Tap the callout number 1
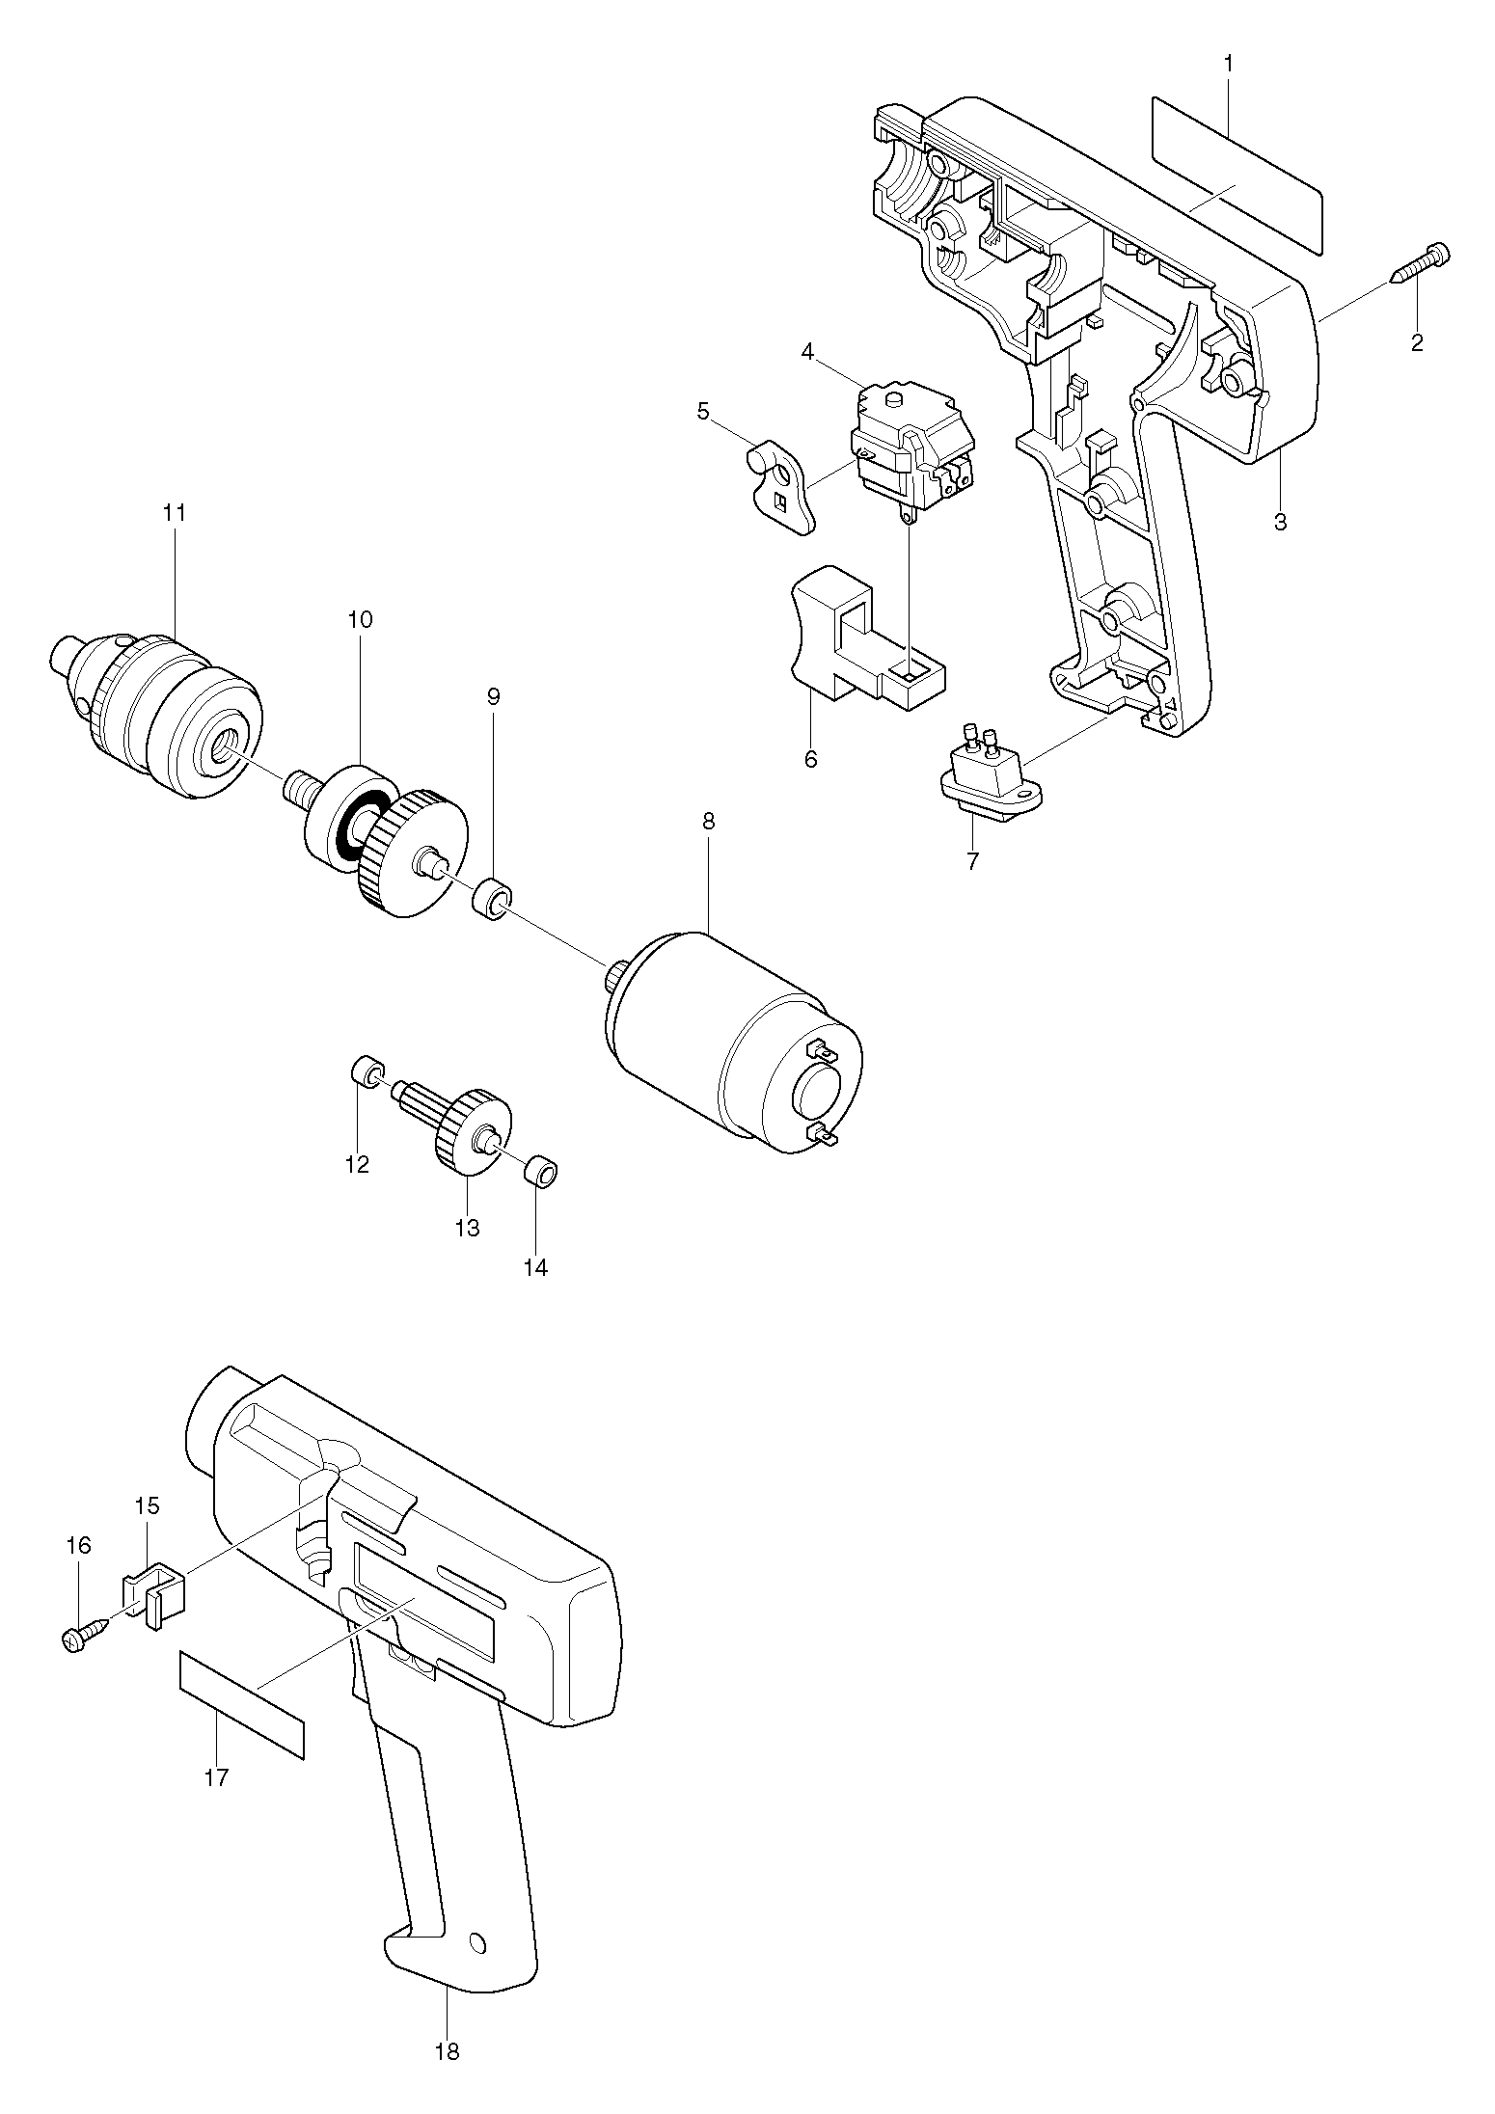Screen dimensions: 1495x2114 [x=1228, y=64]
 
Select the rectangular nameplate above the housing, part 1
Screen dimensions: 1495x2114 [x=1236, y=175]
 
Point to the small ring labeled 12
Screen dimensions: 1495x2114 [x=367, y=1072]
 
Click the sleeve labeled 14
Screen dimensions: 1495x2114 [x=542, y=1173]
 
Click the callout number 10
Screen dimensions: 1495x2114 [x=359, y=619]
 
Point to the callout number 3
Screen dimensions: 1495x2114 [x=1280, y=523]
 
